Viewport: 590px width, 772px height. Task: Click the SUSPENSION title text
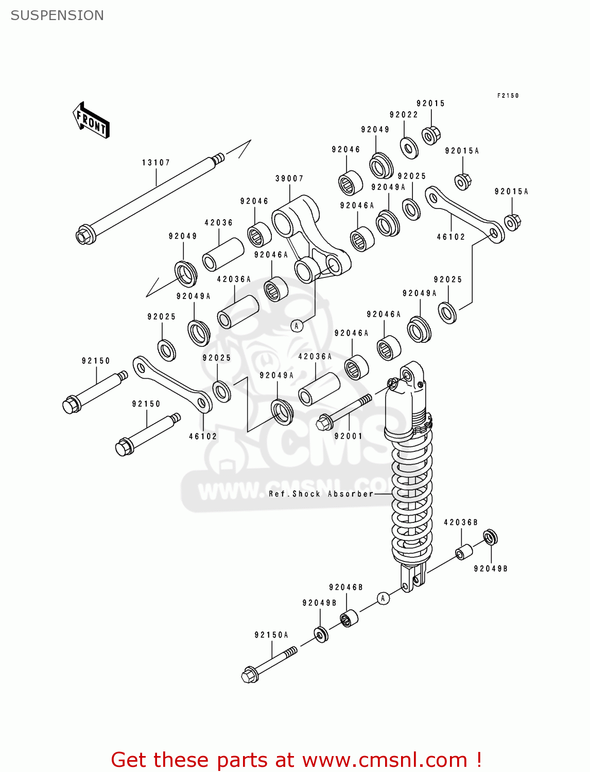(x=57, y=15)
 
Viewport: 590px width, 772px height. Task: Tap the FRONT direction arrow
(x=91, y=120)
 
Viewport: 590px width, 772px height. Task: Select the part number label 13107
(x=155, y=163)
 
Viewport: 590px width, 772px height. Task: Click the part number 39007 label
(x=289, y=179)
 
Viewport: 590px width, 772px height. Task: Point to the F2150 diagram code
(x=508, y=96)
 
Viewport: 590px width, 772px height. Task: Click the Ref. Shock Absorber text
(x=321, y=494)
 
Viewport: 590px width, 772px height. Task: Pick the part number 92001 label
(x=349, y=436)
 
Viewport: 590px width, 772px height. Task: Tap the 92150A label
(x=271, y=635)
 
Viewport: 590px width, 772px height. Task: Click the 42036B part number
(x=461, y=522)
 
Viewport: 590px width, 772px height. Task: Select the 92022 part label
(x=404, y=115)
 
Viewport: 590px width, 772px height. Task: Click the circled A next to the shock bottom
(x=383, y=598)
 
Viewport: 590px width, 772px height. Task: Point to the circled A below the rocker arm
(x=297, y=326)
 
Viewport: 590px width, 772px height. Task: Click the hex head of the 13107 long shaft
(x=84, y=236)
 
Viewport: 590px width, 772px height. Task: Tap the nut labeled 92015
(x=430, y=135)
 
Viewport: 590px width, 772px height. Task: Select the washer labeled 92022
(x=409, y=148)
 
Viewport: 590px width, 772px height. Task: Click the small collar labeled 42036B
(x=463, y=552)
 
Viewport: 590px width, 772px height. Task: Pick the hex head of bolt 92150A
(x=250, y=675)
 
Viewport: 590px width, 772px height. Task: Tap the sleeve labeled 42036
(x=222, y=254)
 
